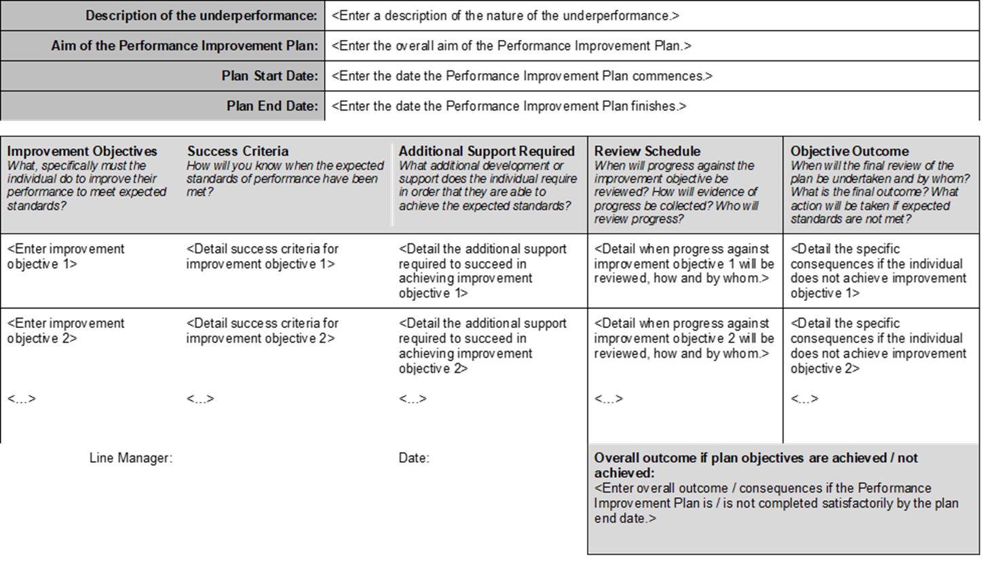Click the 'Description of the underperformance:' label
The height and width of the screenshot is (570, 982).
[x=201, y=16]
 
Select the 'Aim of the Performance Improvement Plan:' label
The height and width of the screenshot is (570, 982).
[x=184, y=46]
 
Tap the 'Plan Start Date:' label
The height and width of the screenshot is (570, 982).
[x=269, y=76]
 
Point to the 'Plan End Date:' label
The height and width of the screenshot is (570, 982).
[x=272, y=106]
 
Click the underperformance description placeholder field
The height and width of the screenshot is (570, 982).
[x=505, y=16]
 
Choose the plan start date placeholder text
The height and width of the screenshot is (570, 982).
[x=522, y=76]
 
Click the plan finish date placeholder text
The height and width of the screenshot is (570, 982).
[x=508, y=106]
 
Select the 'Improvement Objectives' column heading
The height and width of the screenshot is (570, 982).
[x=82, y=151]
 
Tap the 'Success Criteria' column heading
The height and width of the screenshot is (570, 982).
[x=238, y=151]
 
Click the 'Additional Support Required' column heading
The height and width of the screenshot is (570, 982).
[x=487, y=151]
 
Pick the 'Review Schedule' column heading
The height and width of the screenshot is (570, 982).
[x=647, y=151]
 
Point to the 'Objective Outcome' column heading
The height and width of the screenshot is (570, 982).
[x=849, y=151]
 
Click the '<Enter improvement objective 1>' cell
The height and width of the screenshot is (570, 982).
[x=66, y=256]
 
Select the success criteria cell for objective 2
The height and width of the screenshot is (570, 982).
[x=262, y=331]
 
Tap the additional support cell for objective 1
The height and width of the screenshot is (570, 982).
[x=482, y=271]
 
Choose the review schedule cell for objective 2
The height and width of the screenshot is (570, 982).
[x=683, y=338]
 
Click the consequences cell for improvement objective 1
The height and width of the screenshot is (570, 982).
[x=877, y=271]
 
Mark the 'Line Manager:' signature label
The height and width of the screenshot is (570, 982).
[x=131, y=458]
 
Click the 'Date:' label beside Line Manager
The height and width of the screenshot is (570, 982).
[x=413, y=458]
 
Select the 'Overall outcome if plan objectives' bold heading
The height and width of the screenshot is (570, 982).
[x=755, y=465]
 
